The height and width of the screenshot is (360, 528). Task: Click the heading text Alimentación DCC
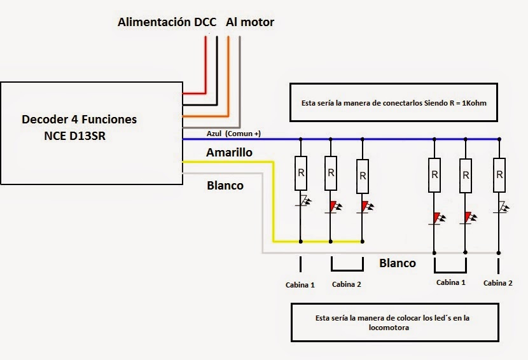(168, 22)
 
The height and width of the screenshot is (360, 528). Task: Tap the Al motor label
(250, 22)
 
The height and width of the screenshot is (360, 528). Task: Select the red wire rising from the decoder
(205, 64)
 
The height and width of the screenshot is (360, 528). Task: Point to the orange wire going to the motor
(228, 76)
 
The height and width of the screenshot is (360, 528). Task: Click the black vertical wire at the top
(217, 64)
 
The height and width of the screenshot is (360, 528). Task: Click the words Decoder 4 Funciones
(79, 120)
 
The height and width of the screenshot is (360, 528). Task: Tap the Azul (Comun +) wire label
(233, 134)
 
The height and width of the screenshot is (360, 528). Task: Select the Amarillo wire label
(229, 153)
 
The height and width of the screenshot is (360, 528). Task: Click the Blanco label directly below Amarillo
(225, 186)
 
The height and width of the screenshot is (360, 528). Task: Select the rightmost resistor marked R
(499, 175)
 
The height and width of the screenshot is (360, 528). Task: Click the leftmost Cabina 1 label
(300, 285)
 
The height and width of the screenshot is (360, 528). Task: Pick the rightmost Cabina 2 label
(496, 282)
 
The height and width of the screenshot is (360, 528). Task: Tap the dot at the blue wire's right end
(499, 139)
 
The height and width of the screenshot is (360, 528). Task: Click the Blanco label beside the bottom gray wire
(398, 263)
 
